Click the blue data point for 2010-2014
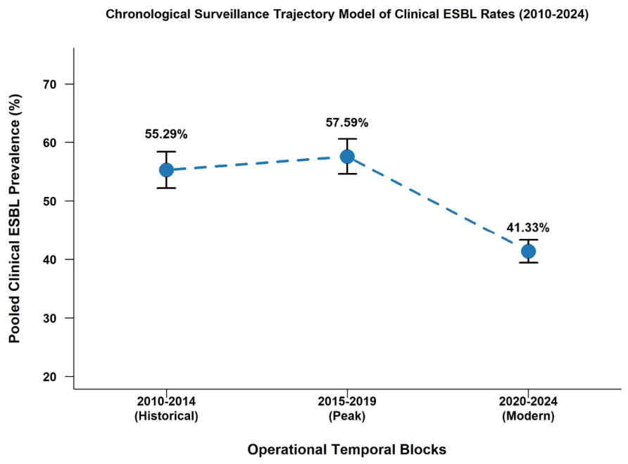click(x=166, y=170)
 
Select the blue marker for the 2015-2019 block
click(x=347, y=156)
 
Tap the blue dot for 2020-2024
click(x=528, y=251)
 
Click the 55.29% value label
click(x=166, y=134)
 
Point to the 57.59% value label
click(x=347, y=122)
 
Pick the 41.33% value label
click(x=528, y=228)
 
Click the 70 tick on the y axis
click(x=50, y=84)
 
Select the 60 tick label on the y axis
click(x=50, y=143)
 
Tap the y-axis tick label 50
click(x=50, y=201)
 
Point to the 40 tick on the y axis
click(x=50, y=259)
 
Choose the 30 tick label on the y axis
click(x=50, y=318)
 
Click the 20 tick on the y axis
click(x=50, y=377)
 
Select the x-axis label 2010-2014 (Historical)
click(x=166, y=408)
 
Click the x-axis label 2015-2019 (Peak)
click(x=347, y=408)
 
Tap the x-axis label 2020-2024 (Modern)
click(x=528, y=408)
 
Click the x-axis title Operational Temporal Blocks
click(x=347, y=449)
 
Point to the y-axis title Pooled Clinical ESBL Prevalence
click(x=15, y=219)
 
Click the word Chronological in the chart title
click(x=148, y=14)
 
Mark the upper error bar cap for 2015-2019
click(x=347, y=138)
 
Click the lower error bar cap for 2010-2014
click(x=166, y=188)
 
